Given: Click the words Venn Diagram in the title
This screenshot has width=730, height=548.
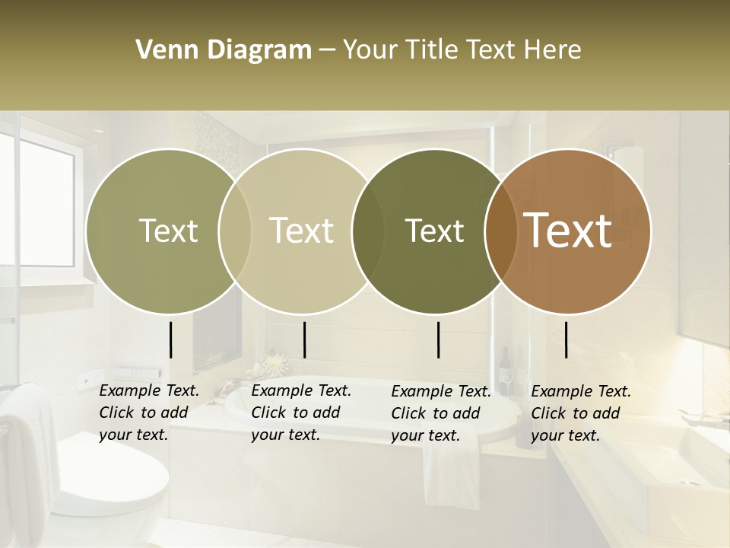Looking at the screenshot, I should click(x=224, y=50).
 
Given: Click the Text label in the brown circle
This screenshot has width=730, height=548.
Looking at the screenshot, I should click(x=568, y=231).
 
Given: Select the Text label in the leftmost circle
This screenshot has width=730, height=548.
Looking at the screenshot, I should click(x=168, y=231).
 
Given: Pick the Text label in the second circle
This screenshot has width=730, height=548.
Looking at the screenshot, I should click(x=301, y=231).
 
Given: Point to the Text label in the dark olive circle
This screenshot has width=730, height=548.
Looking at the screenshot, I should click(x=434, y=231).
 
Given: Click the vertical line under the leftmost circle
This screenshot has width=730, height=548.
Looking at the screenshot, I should click(x=170, y=339).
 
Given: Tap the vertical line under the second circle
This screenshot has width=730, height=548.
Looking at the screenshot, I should click(x=304, y=339).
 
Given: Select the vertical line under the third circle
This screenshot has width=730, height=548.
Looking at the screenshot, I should click(x=438, y=339).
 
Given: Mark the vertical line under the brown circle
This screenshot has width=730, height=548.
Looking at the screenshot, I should click(x=567, y=339).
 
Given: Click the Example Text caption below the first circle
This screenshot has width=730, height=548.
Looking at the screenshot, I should click(x=148, y=413).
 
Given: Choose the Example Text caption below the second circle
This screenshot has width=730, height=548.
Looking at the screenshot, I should click(x=300, y=413).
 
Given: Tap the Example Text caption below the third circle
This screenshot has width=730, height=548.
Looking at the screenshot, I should click(x=440, y=413).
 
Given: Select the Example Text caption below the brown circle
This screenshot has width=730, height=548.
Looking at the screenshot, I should click(x=580, y=413).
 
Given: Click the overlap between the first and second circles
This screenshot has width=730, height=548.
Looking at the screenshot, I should click(x=235, y=231).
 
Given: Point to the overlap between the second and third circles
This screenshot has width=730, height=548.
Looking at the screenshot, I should click(x=368, y=231).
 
